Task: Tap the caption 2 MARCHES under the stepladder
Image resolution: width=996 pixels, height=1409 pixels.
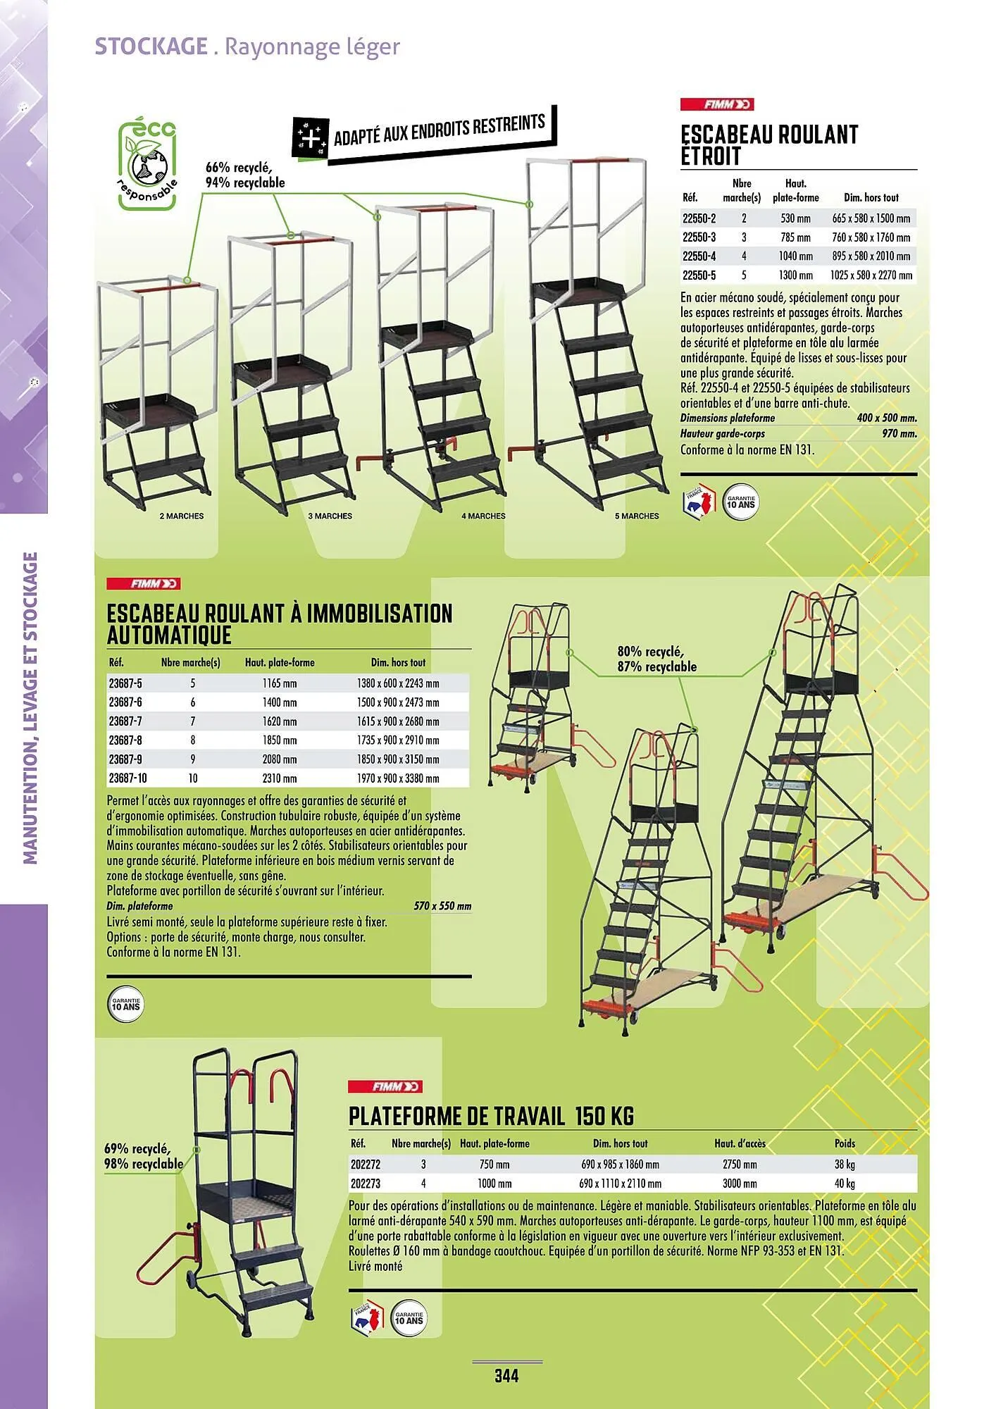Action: point(181,516)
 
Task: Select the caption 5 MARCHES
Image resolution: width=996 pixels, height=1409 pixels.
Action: point(637,516)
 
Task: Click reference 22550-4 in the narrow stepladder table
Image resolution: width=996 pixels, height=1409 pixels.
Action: point(699,256)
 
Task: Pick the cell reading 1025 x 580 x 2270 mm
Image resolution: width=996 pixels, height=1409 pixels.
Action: point(871,275)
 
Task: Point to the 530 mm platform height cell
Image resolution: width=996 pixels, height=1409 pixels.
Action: point(795,218)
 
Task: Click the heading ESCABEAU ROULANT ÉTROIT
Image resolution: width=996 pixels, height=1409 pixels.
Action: point(769,145)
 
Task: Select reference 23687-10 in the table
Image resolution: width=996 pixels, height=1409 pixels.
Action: point(127,778)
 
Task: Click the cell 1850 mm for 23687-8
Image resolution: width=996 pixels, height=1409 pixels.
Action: point(280,740)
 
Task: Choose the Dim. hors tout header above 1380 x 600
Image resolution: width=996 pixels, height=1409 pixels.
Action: point(398,663)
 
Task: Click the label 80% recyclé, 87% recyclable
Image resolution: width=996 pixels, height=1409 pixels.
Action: point(656,659)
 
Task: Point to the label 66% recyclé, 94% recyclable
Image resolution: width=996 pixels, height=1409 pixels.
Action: point(244,175)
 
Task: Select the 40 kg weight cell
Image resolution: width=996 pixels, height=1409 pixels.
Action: point(845,1184)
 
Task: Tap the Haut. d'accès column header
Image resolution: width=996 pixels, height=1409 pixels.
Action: point(740,1143)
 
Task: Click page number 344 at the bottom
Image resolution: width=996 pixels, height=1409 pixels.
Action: point(506,1376)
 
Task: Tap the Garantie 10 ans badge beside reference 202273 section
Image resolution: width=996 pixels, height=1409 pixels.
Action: point(409,1318)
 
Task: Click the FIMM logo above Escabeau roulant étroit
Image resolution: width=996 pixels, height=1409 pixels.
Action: point(716,104)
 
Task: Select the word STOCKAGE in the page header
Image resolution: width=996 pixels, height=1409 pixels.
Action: point(151,46)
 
